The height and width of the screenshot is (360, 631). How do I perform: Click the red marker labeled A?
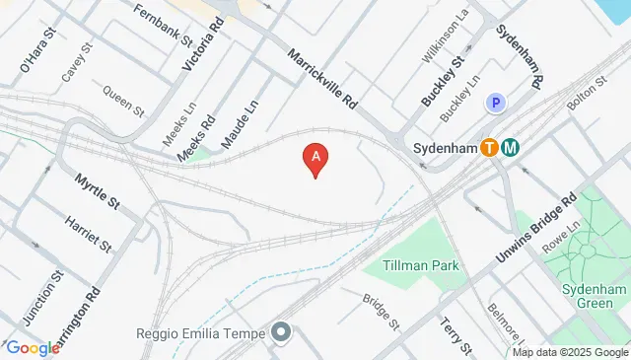point(315,158)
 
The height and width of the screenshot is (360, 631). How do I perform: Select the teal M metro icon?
point(511,148)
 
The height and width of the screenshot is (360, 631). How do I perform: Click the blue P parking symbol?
point(494,103)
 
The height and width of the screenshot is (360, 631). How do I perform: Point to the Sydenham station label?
point(442,149)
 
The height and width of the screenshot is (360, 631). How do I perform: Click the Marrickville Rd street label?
point(322,78)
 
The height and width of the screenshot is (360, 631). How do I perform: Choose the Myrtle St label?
point(96,190)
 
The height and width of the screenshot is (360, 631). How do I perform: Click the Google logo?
point(33,347)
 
